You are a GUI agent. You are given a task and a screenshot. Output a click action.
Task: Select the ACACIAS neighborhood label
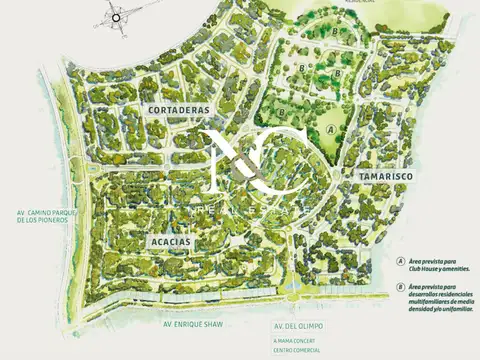[x=167, y=242]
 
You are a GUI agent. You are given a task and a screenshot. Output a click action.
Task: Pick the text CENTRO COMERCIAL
[x=296, y=351]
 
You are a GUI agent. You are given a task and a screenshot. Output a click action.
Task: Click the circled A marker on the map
[x=330, y=129]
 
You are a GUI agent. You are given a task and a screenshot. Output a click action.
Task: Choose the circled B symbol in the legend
[x=400, y=288]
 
